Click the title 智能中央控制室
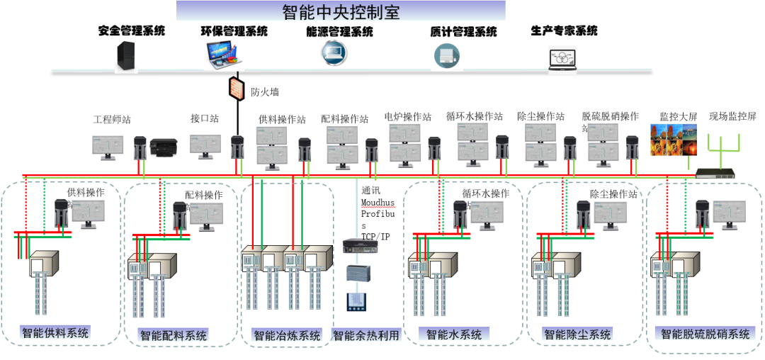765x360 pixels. [341, 11]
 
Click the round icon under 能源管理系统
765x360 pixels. [333, 53]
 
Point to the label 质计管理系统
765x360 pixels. [463, 32]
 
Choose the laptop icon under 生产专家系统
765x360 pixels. [562, 59]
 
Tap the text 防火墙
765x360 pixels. [265, 91]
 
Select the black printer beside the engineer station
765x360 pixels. [165, 147]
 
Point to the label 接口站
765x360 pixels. [204, 118]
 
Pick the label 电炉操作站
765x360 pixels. [408, 117]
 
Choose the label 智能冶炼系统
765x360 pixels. [287, 335]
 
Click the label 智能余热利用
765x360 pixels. [366, 335]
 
